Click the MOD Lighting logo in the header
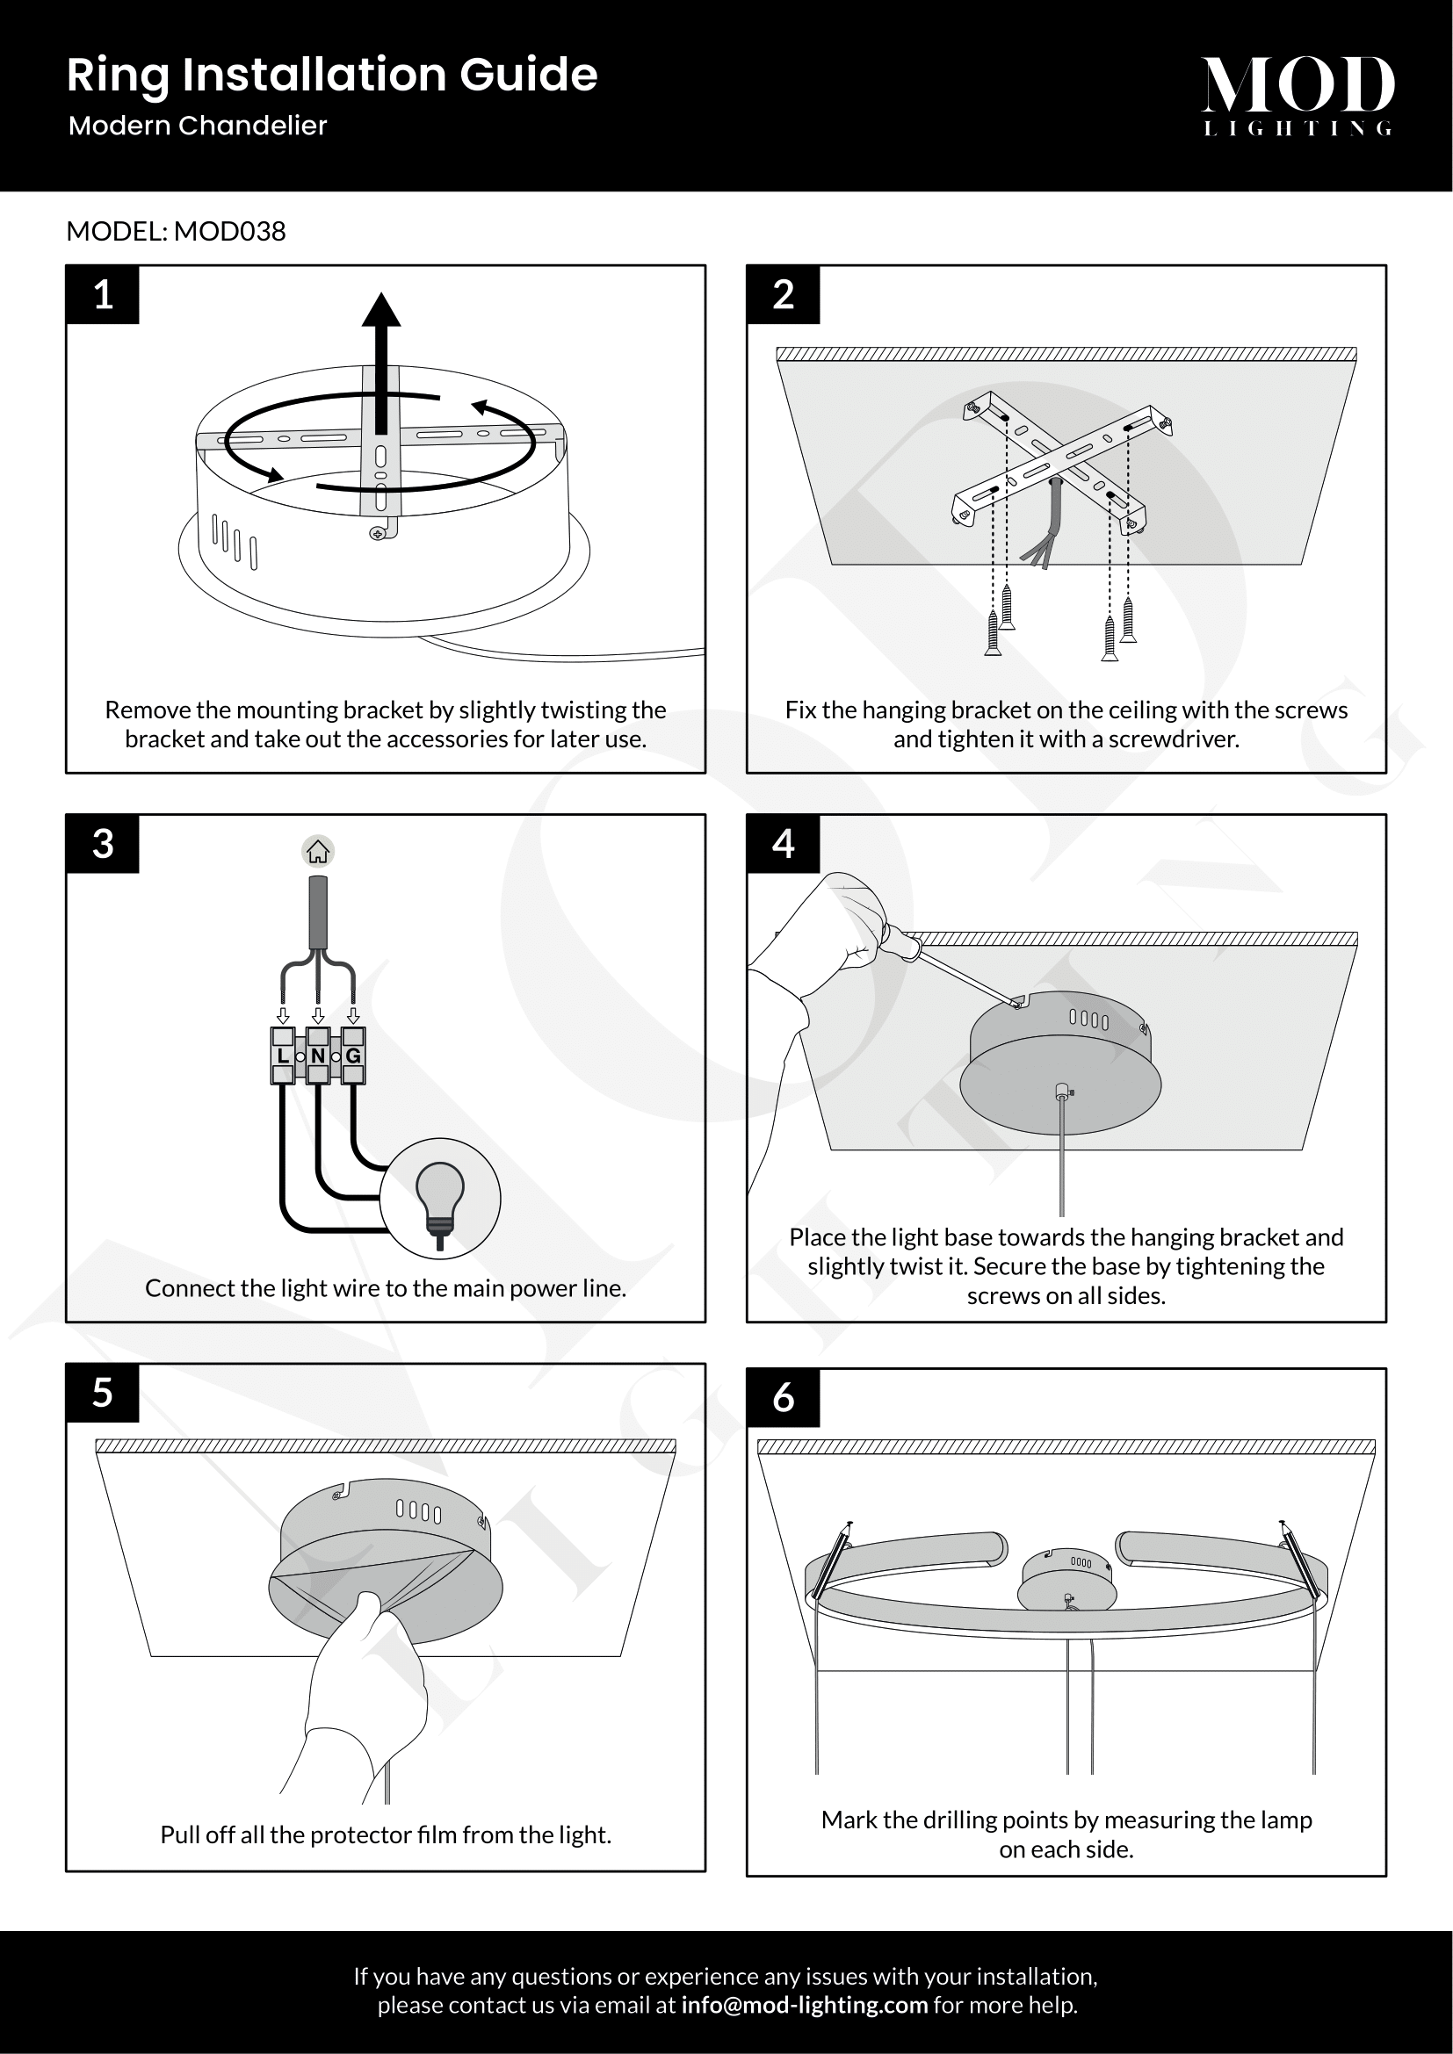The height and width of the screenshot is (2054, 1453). point(1298,94)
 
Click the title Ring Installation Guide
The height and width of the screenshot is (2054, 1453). point(331,75)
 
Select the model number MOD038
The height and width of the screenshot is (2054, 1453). point(229,232)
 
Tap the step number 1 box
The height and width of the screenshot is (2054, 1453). point(103,294)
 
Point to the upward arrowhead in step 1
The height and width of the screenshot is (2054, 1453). point(381,310)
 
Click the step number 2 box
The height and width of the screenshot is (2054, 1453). point(783,294)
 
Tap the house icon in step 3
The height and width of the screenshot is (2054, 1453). point(318,852)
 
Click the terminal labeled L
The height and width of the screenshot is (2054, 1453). point(283,1056)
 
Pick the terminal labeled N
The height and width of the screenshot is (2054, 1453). point(318,1056)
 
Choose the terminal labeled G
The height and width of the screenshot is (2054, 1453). point(353,1056)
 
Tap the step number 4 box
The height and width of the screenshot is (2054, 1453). point(783,844)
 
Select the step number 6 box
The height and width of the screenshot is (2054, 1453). point(783,1397)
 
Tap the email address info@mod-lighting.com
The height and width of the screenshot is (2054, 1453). point(804,2005)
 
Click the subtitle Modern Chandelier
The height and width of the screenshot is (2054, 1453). point(198,126)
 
